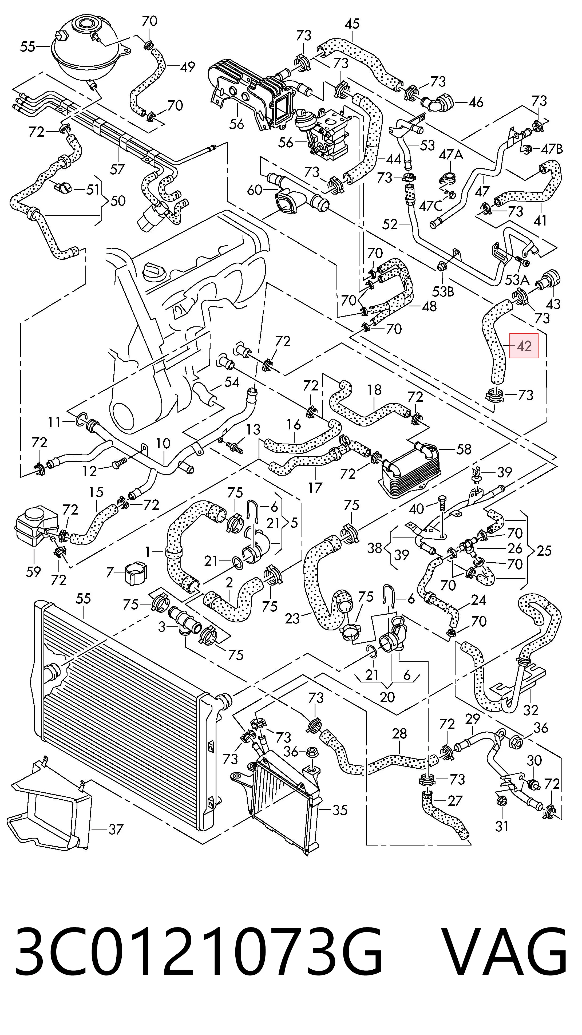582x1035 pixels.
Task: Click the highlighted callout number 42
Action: click(x=524, y=346)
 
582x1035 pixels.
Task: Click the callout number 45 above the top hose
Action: click(x=352, y=24)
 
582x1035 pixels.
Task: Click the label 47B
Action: click(x=552, y=149)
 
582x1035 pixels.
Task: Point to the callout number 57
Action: click(x=117, y=169)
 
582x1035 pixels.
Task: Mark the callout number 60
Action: click(x=255, y=190)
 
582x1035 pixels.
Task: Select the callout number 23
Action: click(x=292, y=618)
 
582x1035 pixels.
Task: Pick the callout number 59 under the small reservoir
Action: click(x=33, y=571)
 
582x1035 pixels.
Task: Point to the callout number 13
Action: click(x=253, y=429)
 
